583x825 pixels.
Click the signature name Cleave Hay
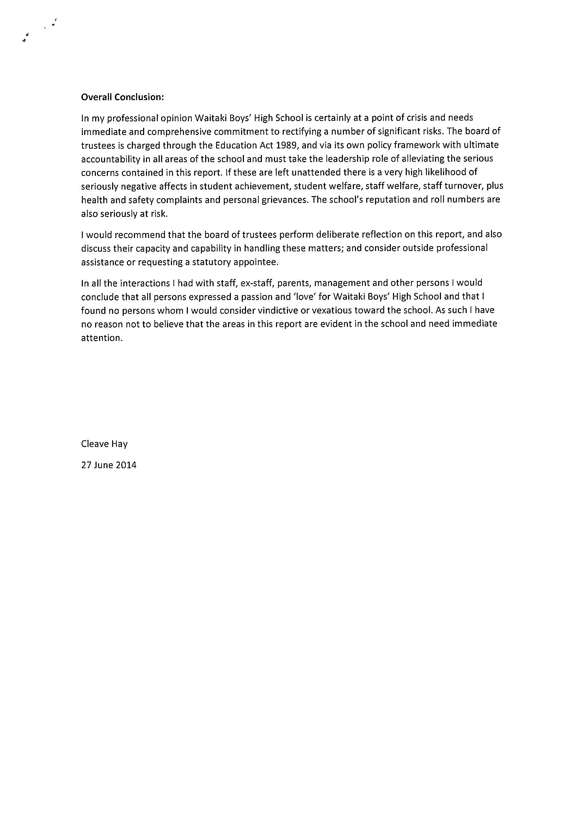point(104,444)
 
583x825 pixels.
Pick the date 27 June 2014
point(109,465)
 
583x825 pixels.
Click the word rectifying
point(306,132)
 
